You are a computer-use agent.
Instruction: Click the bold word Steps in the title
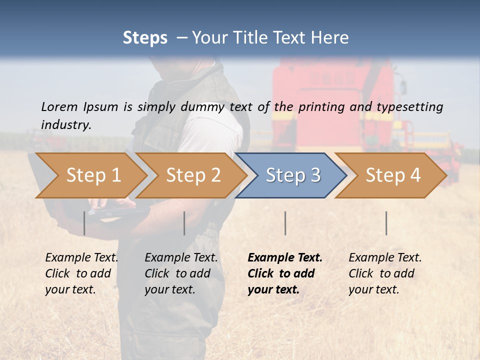tap(145, 38)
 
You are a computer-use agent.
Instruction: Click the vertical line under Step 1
tap(84, 223)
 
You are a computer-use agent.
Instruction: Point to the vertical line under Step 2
tap(184, 223)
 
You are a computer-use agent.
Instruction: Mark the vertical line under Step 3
tap(285, 223)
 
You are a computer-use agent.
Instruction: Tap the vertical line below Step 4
tap(386, 223)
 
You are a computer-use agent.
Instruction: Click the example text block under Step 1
tap(81, 273)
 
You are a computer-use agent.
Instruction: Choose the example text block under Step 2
tap(181, 273)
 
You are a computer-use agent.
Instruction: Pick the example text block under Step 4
tap(385, 273)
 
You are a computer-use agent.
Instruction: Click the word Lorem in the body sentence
tap(59, 106)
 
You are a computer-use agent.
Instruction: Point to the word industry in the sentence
tap(66, 124)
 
